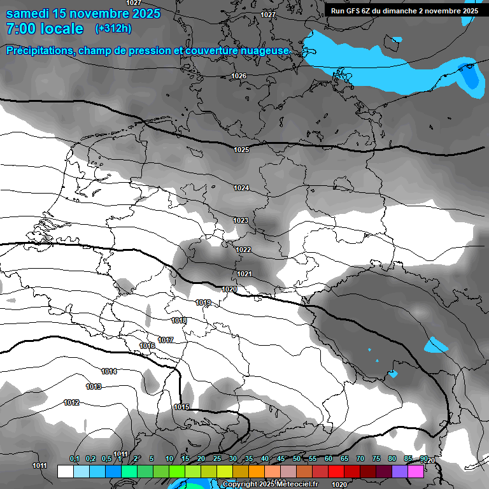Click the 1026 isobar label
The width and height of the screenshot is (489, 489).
click(x=239, y=76)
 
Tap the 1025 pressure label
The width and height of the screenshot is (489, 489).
click(x=241, y=150)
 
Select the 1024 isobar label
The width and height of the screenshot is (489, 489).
click(x=241, y=188)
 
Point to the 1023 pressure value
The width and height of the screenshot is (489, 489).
click(x=241, y=220)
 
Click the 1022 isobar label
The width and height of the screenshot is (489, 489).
click(x=243, y=250)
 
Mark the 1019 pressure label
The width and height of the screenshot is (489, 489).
click(x=203, y=302)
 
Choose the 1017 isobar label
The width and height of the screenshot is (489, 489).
click(x=166, y=341)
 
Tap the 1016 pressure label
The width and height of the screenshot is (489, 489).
click(x=147, y=346)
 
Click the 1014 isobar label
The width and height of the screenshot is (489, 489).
click(x=109, y=371)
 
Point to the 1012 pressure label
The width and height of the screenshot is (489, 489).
click(x=71, y=402)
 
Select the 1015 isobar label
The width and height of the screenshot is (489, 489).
click(x=181, y=407)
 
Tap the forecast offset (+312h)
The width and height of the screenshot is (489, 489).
click(x=113, y=29)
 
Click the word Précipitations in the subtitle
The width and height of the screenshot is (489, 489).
click(x=38, y=51)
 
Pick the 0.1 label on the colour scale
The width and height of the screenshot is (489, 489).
click(x=74, y=459)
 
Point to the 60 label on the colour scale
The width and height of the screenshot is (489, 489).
click(x=329, y=459)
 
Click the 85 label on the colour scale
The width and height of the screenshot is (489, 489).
click(x=408, y=459)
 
